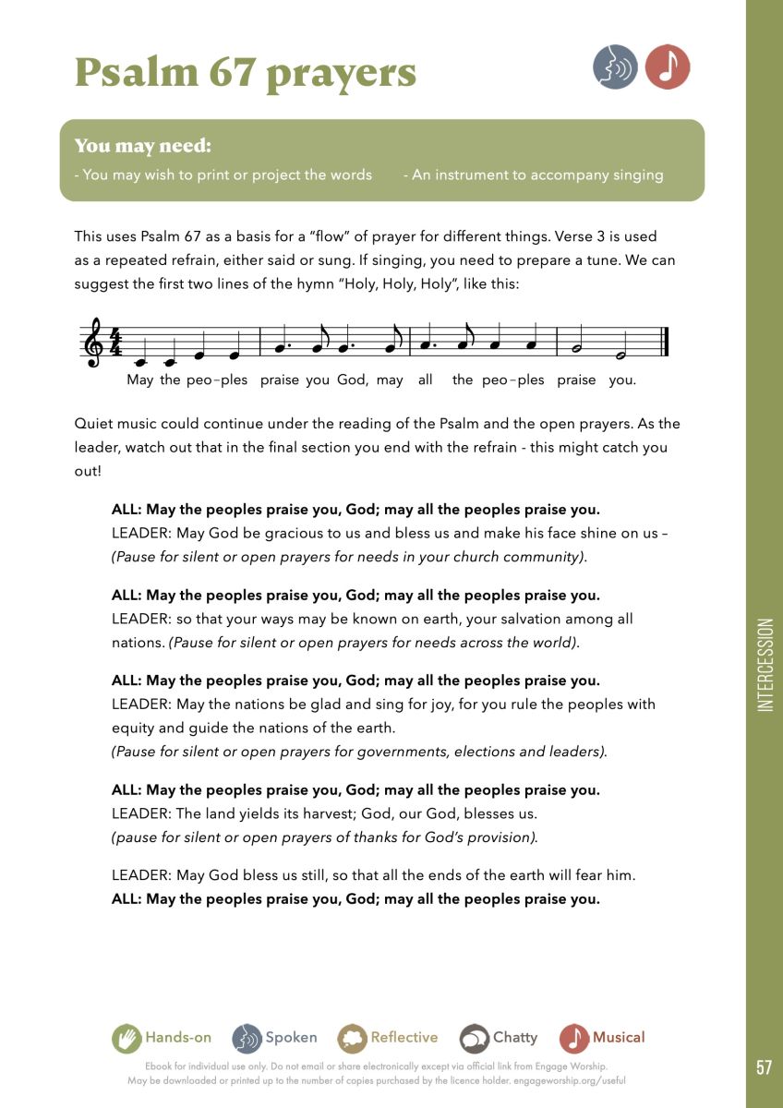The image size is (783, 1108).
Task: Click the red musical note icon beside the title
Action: click(x=668, y=67)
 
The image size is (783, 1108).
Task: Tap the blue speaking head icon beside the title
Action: click(x=615, y=67)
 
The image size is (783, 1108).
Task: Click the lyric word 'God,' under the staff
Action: click(x=354, y=379)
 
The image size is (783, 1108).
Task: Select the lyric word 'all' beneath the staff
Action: click(x=425, y=379)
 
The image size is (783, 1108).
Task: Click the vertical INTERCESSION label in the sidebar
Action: click(x=765, y=665)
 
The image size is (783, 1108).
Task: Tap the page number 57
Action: click(x=764, y=1067)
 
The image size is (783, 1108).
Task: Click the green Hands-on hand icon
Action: click(x=126, y=1038)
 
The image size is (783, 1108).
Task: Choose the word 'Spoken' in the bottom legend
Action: click(x=291, y=1037)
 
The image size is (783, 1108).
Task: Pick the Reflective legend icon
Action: click(x=352, y=1038)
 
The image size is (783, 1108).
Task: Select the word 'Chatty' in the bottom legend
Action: click(x=514, y=1037)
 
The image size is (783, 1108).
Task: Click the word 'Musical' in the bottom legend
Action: click(x=619, y=1037)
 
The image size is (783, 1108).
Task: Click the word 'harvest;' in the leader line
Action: click(x=319, y=813)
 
